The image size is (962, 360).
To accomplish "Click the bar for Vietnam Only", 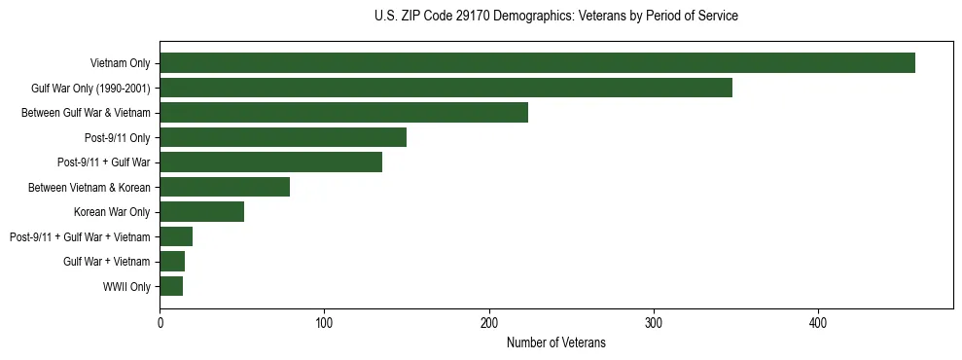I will click(x=537, y=63).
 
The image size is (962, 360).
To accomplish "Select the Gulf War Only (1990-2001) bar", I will click(x=445, y=88).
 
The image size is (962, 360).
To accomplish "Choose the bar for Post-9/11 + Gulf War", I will click(x=270, y=162).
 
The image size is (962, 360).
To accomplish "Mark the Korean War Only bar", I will click(x=201, y=212).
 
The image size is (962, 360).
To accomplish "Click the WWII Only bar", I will click(x=171, y=286).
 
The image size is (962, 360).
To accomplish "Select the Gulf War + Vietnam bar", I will click(x=172, y=262).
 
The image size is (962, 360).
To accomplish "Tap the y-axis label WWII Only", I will click(x=126, y=287).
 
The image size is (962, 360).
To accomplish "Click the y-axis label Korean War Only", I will click(x=112, y=212).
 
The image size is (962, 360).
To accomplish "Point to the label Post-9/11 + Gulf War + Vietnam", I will click(x=80, y=237).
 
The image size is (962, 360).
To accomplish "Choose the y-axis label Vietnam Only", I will click(x=121, y=63).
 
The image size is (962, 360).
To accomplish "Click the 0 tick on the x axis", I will click(x=160, y=322).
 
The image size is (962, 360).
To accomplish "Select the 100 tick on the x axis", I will click(x=324, y=322).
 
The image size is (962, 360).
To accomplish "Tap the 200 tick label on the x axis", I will click(x=489, y=322).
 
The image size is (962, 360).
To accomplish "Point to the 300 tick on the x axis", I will click(x=654, y=322).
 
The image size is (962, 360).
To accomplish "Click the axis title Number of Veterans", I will click(x=555, y=342).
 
